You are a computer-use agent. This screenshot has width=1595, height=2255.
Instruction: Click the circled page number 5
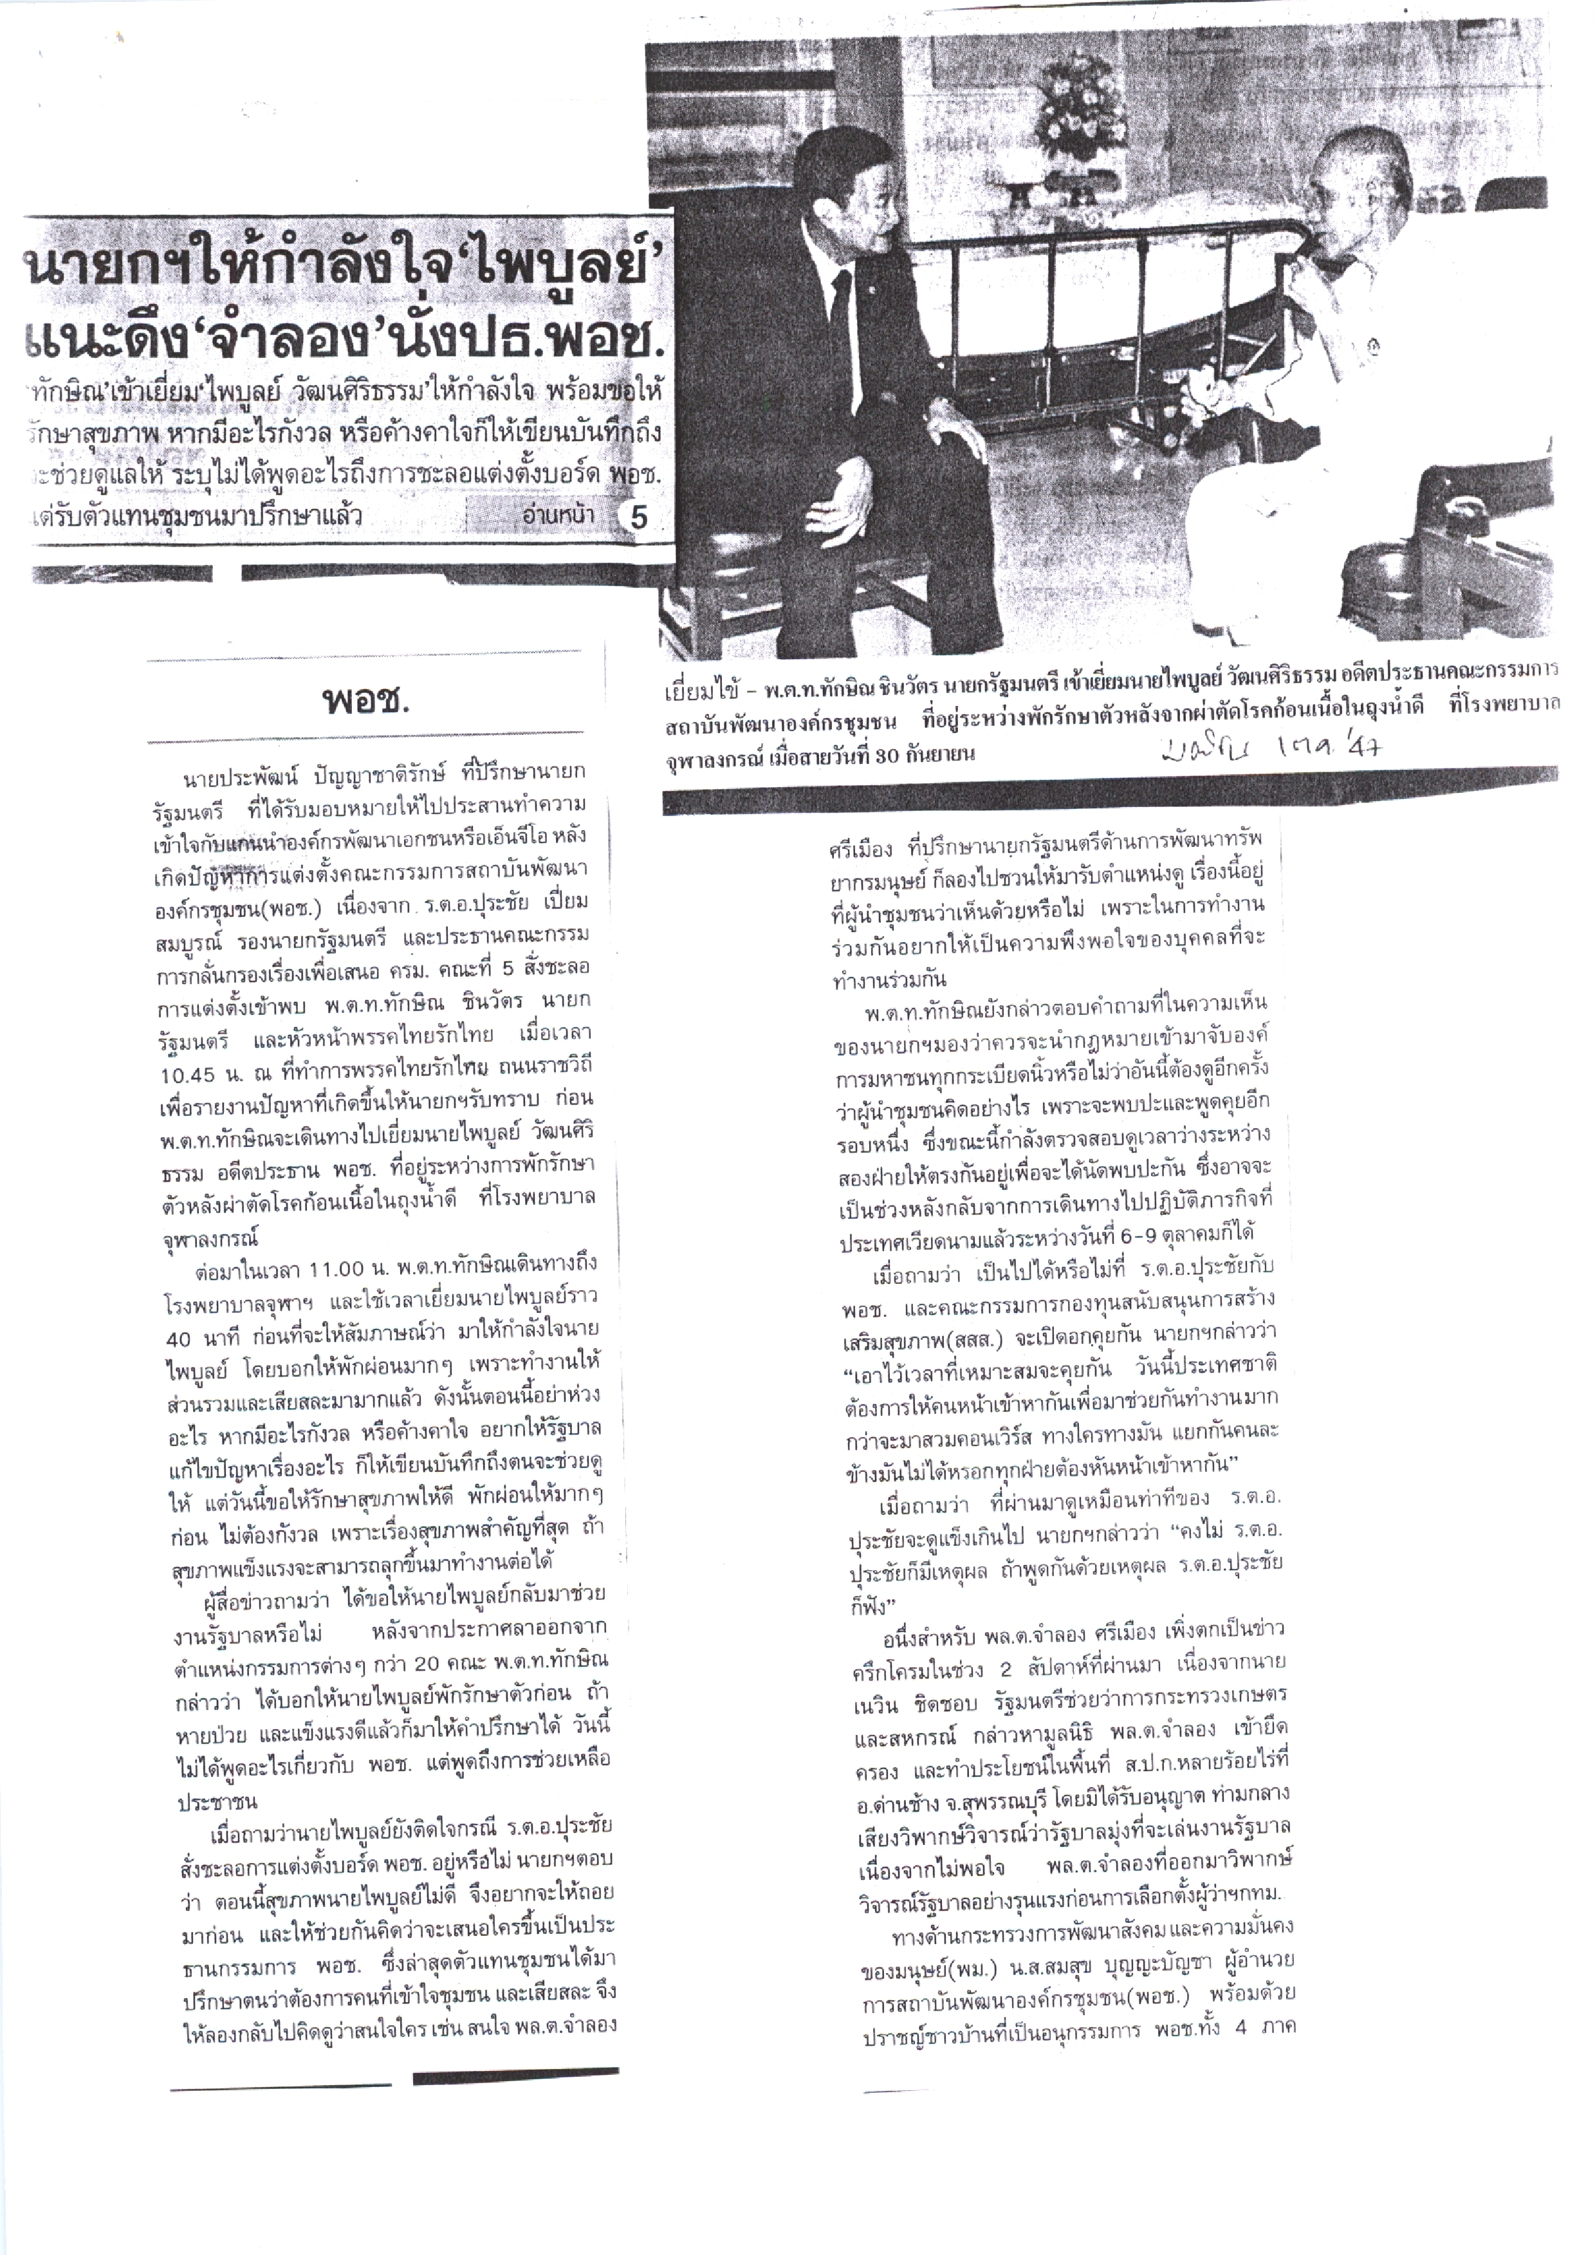(638, 517)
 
